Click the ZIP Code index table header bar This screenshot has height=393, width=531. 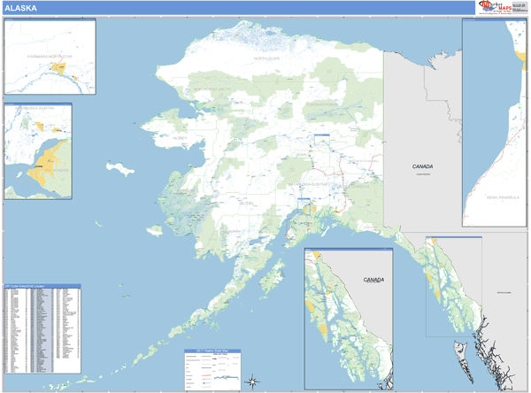pyautogui.click(x=42, y=286)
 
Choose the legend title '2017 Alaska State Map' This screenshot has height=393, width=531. pyautogui.click(x=212, y=351)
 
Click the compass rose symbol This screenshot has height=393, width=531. pyautogui.click(x=252, y=381)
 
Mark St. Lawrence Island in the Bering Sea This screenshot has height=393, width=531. pyautogui.click(x=119, y=166)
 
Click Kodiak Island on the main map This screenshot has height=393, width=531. pyautogui.click(x=268, y=284)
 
